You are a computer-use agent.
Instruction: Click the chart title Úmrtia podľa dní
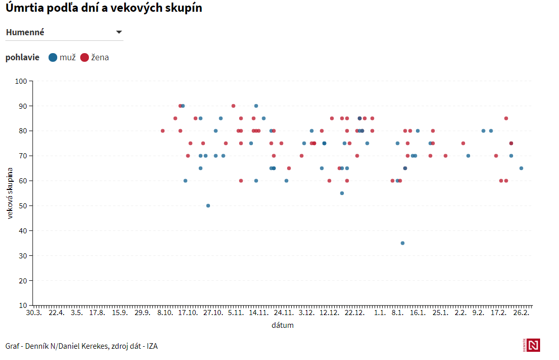point(104,9)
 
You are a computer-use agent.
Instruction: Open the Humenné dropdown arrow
point(119,32)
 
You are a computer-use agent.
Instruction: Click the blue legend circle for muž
point(53,57)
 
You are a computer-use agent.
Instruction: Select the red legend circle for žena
point(84,57)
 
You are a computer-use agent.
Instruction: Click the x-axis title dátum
point(283,325)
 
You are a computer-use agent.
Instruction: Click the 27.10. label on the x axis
point(213,313)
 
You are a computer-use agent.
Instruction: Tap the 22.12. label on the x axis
point(354,313)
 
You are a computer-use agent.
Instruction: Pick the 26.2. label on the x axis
point(521,313)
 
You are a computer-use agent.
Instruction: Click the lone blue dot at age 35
point(403,243)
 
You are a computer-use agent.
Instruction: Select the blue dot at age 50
point(208,206)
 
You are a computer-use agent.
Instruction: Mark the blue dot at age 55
point(342,193)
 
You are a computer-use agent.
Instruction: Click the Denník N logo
point(533,345)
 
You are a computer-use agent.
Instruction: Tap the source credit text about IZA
point(82,346)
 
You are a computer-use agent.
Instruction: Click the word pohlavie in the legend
point(22,57)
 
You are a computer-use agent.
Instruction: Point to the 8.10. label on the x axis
point(165,313)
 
